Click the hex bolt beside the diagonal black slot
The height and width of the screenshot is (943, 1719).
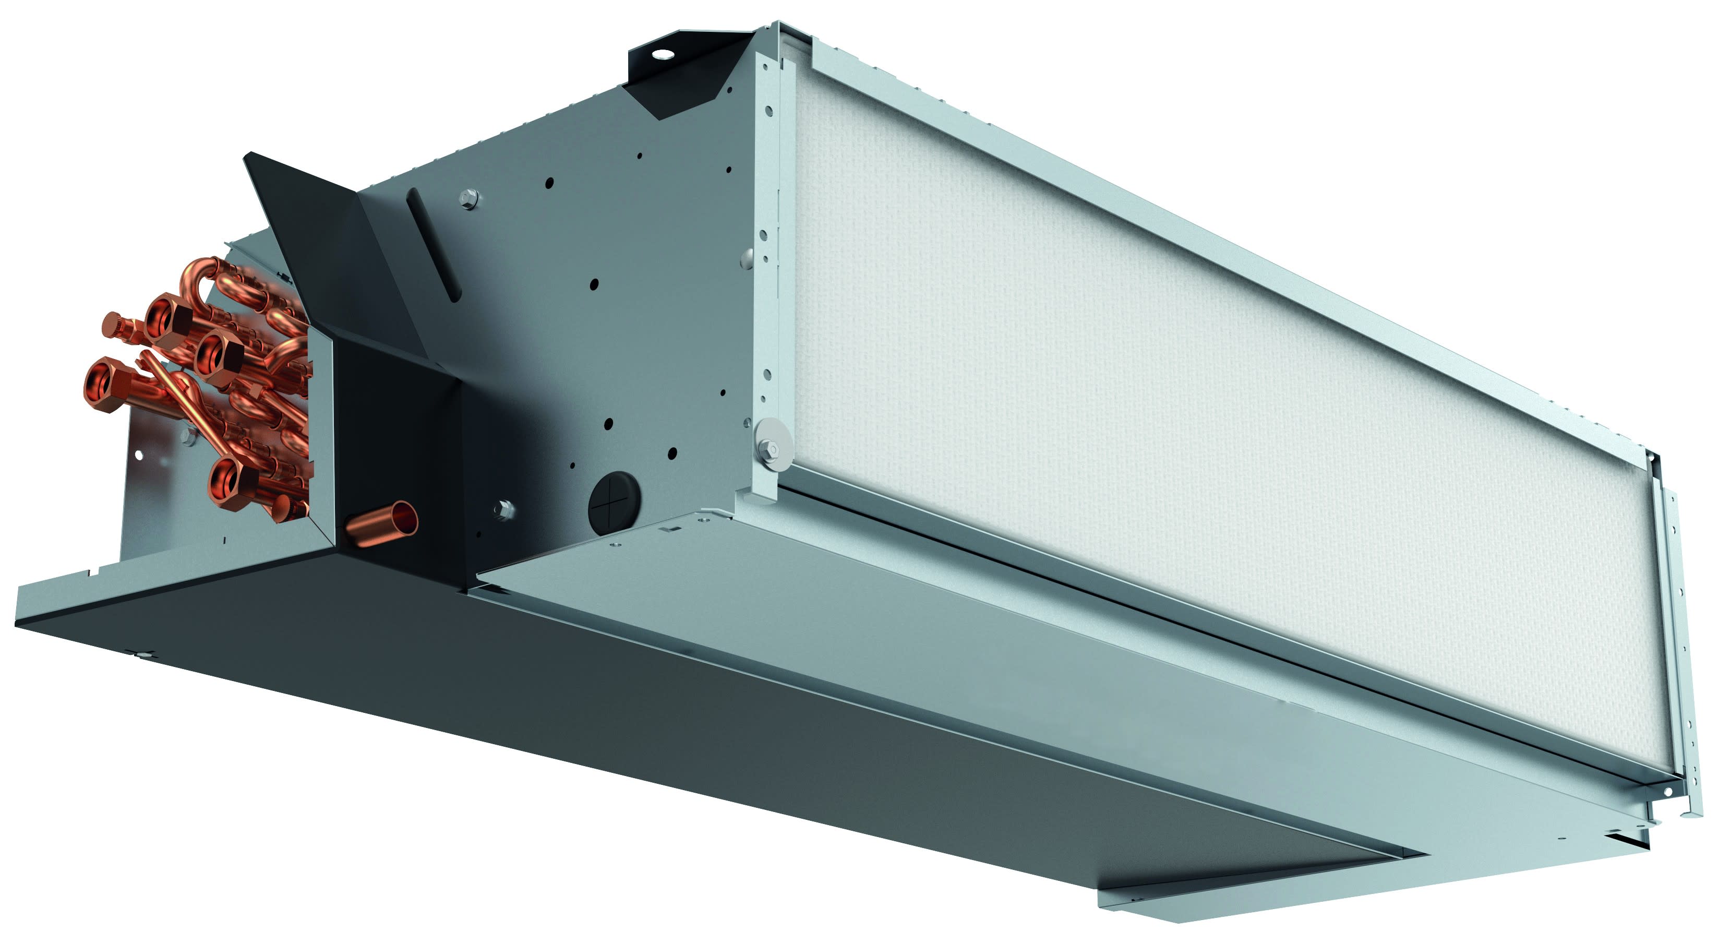tap(469, 198)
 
